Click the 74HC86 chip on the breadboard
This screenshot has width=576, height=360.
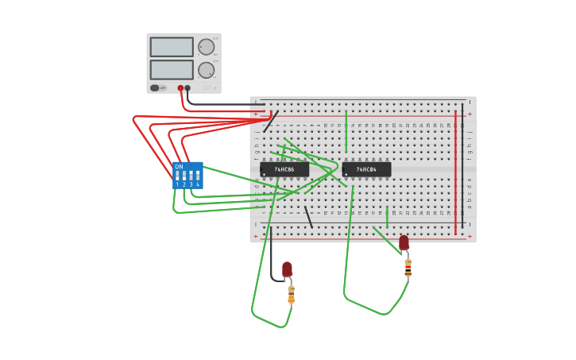pos(284,169)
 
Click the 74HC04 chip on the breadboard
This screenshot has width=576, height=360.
pos(366,169)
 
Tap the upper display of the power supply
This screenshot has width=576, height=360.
pos(172,47)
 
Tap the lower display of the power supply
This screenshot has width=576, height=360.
pos(172,70)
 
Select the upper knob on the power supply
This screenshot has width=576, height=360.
pos(206,46)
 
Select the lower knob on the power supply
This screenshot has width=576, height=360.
pos(206,70)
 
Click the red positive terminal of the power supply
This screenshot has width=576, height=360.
pos(180,88)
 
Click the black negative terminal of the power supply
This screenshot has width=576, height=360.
pos(187,88)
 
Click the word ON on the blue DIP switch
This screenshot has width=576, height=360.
pos(179,167)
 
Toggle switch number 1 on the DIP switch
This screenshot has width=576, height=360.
pos(177,176)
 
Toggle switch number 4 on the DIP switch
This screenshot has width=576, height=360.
pos(197,176)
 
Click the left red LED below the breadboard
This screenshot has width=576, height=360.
pos(287,269)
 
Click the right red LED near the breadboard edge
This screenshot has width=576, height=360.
pos(404,242)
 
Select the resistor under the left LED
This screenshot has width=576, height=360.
pos(291,295)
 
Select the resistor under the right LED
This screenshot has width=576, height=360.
pos(408,268)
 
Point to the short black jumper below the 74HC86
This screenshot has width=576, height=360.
pos(308,216)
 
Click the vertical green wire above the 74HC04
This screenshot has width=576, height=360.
pos(346,131)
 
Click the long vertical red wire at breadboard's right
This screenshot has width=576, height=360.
pos(455,171)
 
